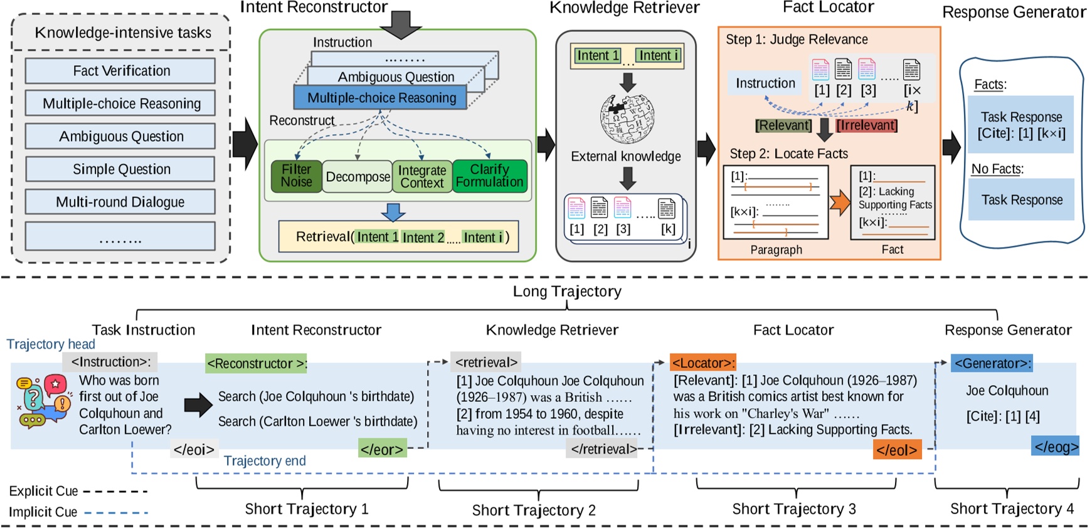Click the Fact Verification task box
pos(120,71)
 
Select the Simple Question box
pos(120,169)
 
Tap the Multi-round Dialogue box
pos(120,202)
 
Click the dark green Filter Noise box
pos(296,176)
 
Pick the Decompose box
pos(357,177)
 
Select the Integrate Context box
pos(422,177)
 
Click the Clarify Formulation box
pos(489,176)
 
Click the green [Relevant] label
pos(783,125)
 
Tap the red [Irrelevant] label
pos(867,125)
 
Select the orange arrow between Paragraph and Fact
pos(839,203)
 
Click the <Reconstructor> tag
pos(256,364)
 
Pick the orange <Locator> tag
pos(702,363)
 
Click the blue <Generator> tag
pos(991,363)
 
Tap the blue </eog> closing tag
pos(1056,446)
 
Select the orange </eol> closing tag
pos(897,450)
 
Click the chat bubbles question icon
pos(42,402)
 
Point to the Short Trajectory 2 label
pos(534,510)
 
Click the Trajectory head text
pos(51,344)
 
